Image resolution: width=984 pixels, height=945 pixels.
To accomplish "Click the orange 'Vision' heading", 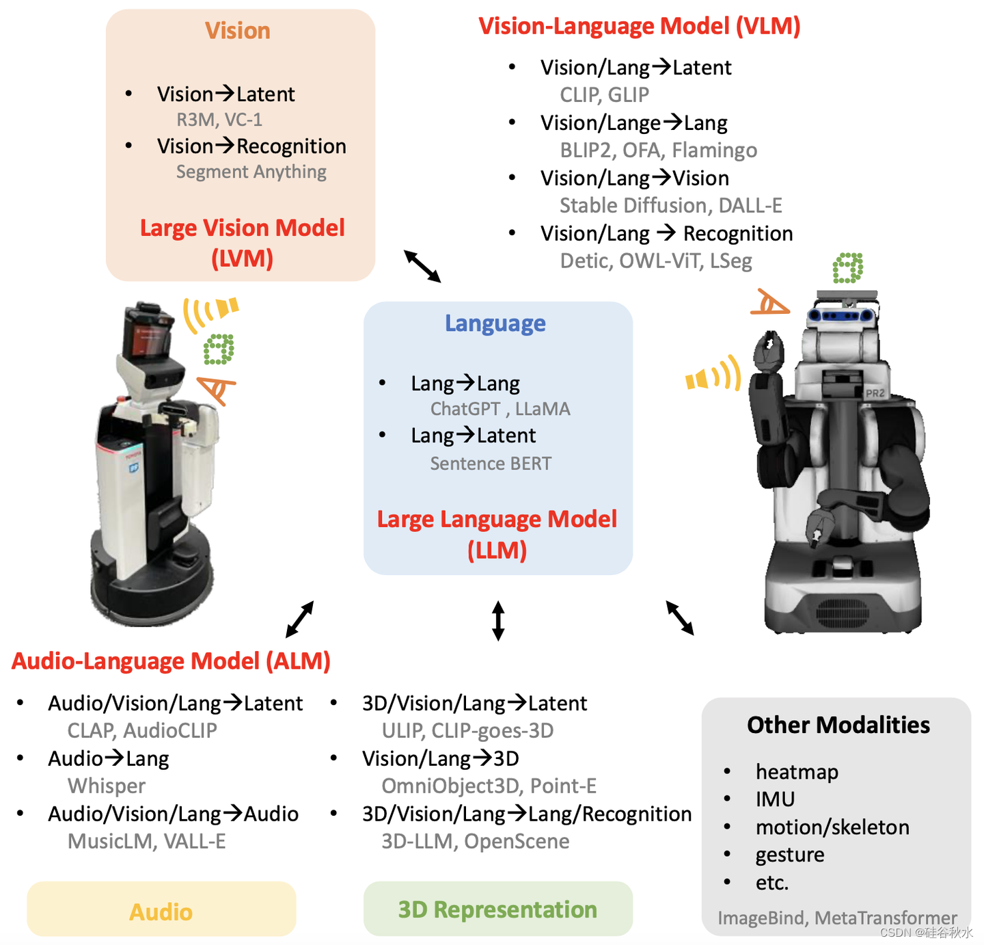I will [238, 31].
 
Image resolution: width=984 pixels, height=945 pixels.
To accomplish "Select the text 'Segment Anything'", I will [251, 172].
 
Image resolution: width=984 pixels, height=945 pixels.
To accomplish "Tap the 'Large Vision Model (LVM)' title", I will [242, 243].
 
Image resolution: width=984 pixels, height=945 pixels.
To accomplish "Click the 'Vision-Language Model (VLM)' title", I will [639, 26].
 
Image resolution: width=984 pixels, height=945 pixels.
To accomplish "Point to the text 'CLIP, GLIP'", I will [604, 95].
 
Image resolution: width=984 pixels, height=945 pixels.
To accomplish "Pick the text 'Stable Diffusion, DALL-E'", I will [670, 205].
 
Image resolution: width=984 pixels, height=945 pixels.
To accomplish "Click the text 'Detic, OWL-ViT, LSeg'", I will [655, 261].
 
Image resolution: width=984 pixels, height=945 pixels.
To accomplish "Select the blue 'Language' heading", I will [495, 323].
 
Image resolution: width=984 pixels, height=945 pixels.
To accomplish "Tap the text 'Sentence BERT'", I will [490, 464].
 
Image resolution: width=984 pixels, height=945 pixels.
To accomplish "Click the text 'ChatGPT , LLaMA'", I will [500, 409].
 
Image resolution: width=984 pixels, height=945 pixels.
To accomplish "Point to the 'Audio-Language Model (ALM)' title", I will [171, 661].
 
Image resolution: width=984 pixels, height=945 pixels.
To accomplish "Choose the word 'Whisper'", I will [107, 786].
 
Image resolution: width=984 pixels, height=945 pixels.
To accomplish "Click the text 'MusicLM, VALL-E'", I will [146, 841].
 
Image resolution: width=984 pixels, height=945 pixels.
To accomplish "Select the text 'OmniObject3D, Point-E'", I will [489, 786].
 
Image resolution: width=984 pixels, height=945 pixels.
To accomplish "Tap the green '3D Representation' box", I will [497, 909].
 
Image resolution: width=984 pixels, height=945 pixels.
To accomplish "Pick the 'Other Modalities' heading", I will [838, 725].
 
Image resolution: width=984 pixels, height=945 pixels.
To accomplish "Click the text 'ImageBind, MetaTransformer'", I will [836, 918].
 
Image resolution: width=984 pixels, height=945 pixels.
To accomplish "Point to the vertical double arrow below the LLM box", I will [498, 620].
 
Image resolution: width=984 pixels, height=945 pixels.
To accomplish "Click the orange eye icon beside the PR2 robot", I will [770, 302].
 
